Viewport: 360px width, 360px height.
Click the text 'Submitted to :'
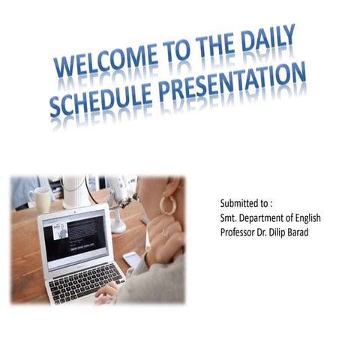point(246,204)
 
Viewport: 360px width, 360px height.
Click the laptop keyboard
point(86,280)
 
